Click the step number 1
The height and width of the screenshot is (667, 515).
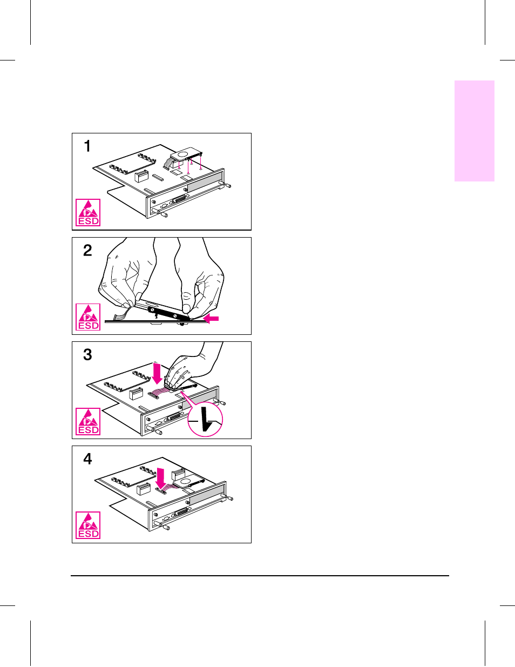click(87, 146)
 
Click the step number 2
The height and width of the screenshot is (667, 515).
click(87, 251)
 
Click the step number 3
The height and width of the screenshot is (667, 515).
click(87, 355)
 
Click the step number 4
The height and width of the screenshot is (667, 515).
click(87, 459)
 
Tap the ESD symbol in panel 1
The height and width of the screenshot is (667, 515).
click(88, 213)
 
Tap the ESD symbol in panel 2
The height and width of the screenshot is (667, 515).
click(88, 317)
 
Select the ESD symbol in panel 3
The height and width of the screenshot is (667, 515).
click(88, 421)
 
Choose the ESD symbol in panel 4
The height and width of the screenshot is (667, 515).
click(88, 525)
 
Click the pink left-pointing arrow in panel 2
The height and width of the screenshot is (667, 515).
click(211, 319)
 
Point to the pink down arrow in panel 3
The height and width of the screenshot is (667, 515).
click(157, 373)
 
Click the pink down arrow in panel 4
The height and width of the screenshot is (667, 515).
click(160, 477)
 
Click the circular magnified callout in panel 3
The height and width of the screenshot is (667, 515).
click(205, 419)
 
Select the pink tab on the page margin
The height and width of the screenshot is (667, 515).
click(475, 131)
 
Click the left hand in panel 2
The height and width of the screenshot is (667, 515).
click(127, 273)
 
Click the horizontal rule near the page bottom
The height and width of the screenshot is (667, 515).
click(260, 576)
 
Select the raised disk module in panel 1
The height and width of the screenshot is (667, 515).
click(184, 154)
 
